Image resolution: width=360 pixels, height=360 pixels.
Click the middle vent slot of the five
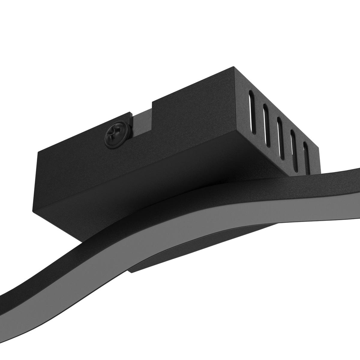click(x=279, y=137)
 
